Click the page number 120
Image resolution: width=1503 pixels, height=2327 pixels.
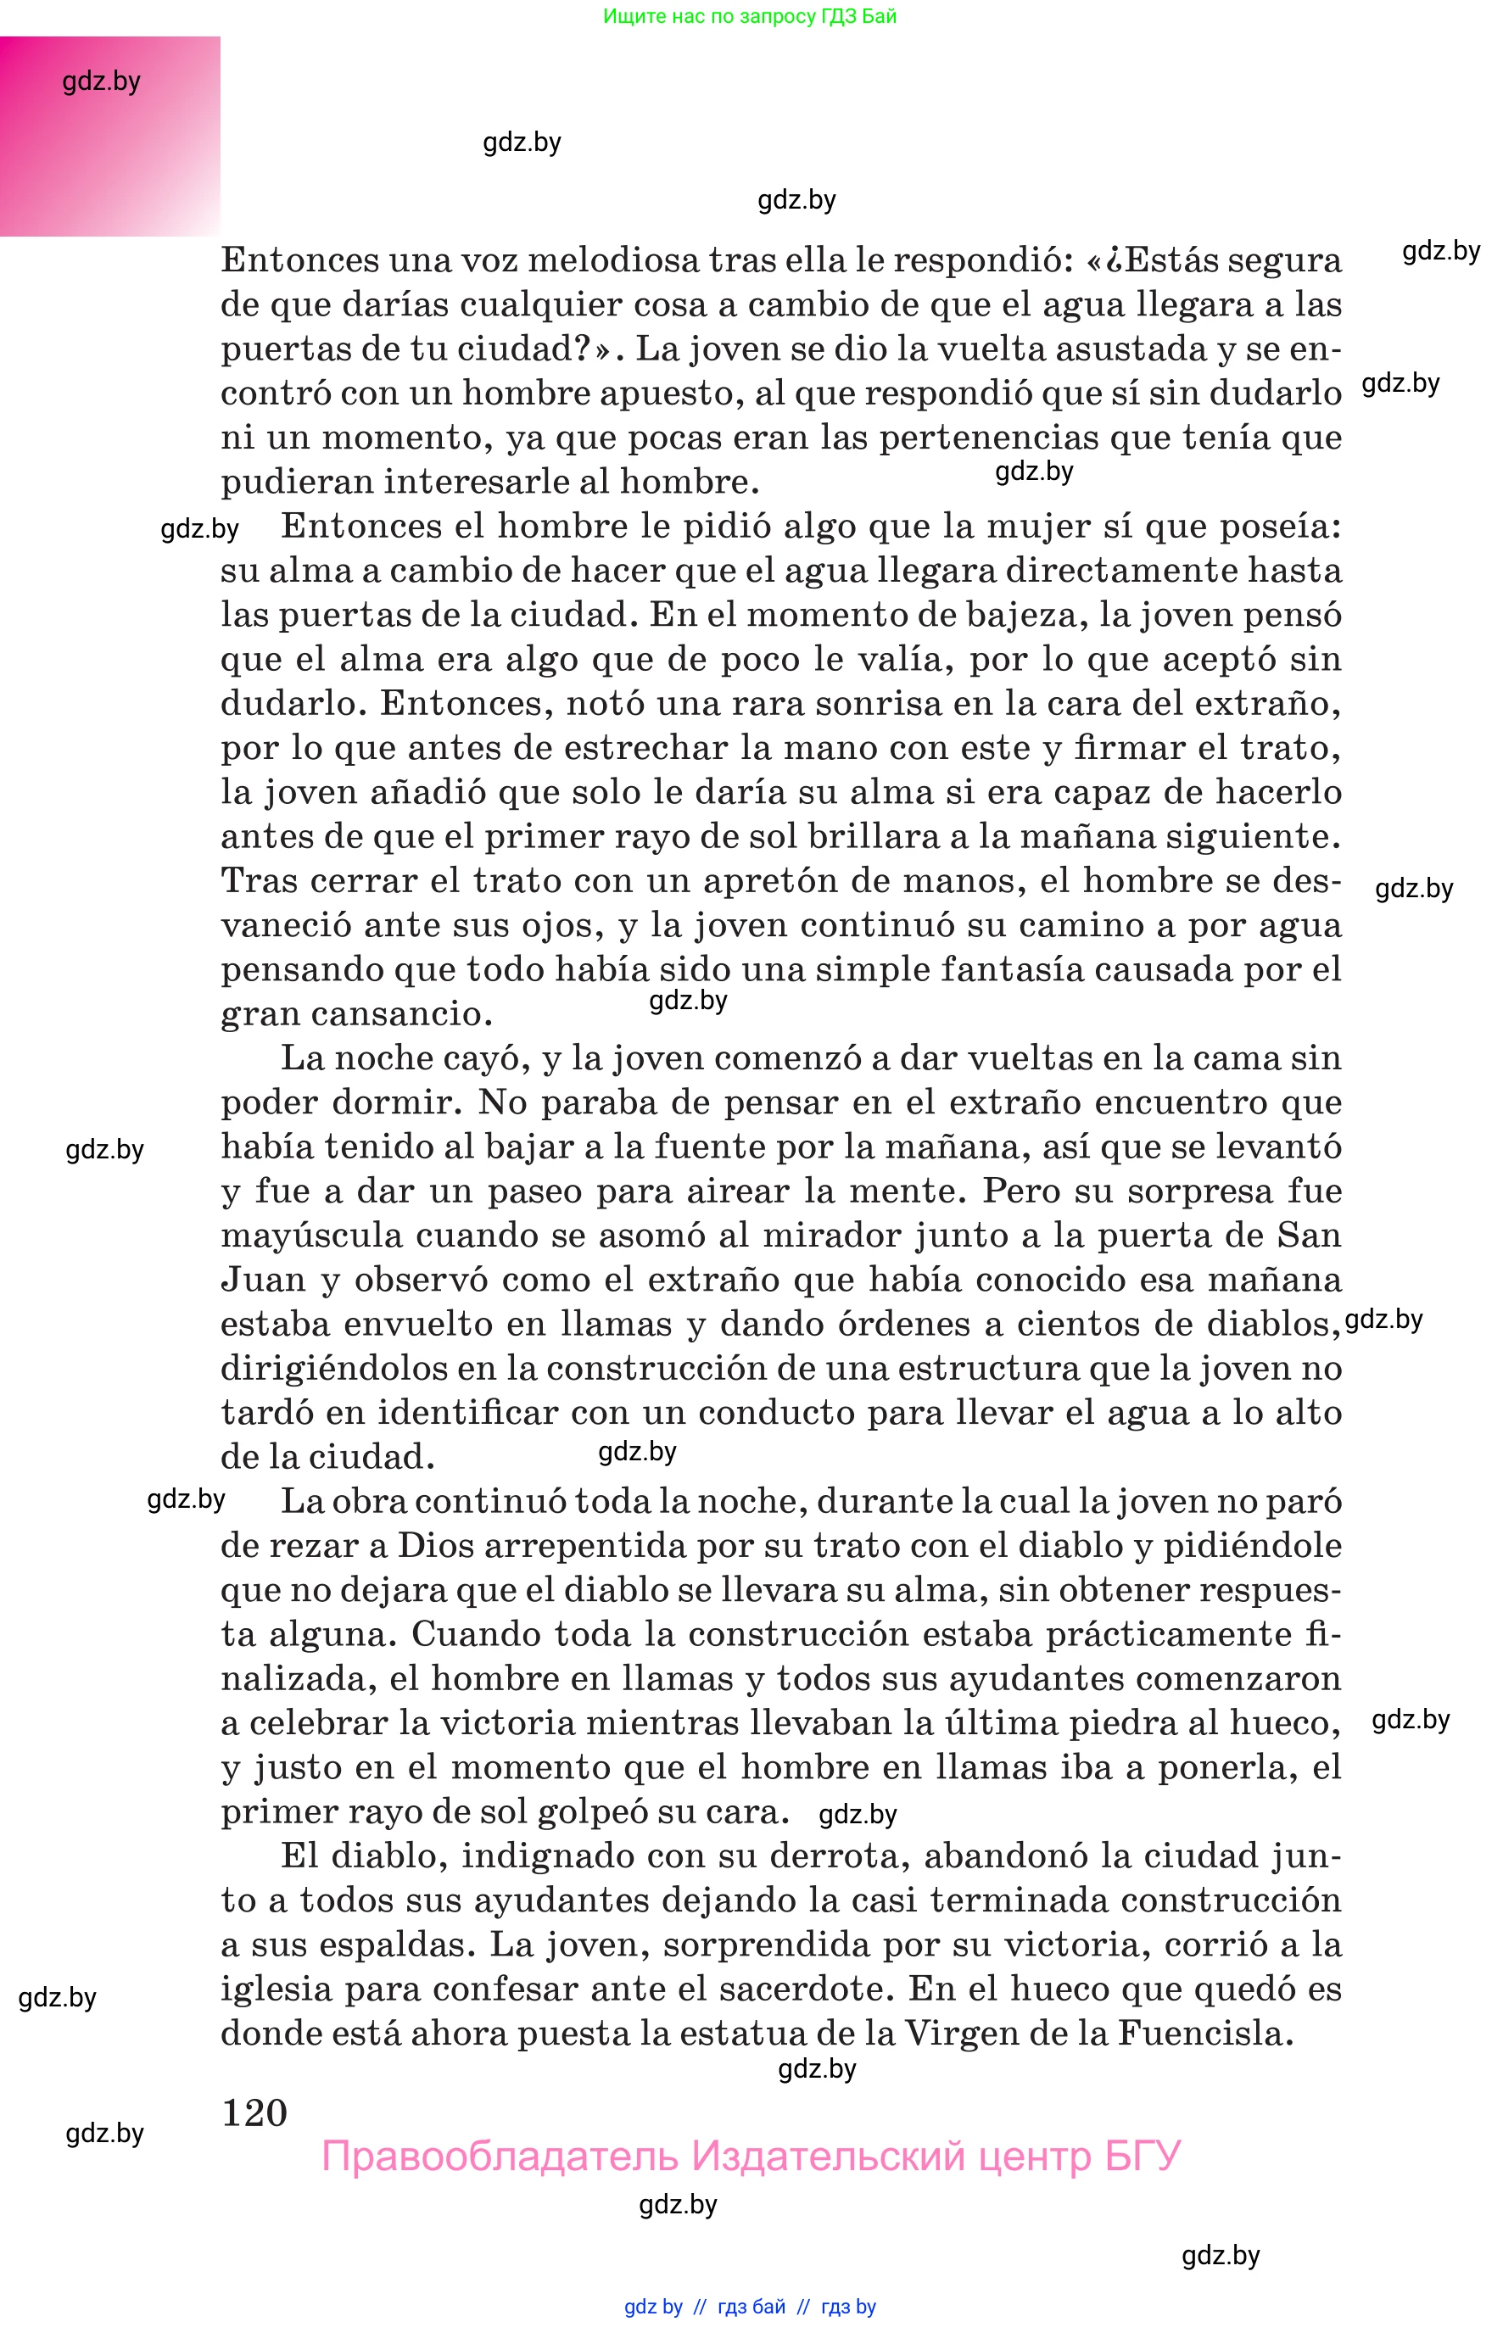(254, 2112)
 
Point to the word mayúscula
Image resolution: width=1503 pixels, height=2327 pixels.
(311, 1236)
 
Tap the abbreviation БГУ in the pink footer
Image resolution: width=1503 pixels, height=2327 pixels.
(1142, 2156)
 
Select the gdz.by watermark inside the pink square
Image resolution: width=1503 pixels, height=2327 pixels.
(102, 81)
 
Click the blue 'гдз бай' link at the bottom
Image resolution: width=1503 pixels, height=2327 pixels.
(751, 2307)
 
